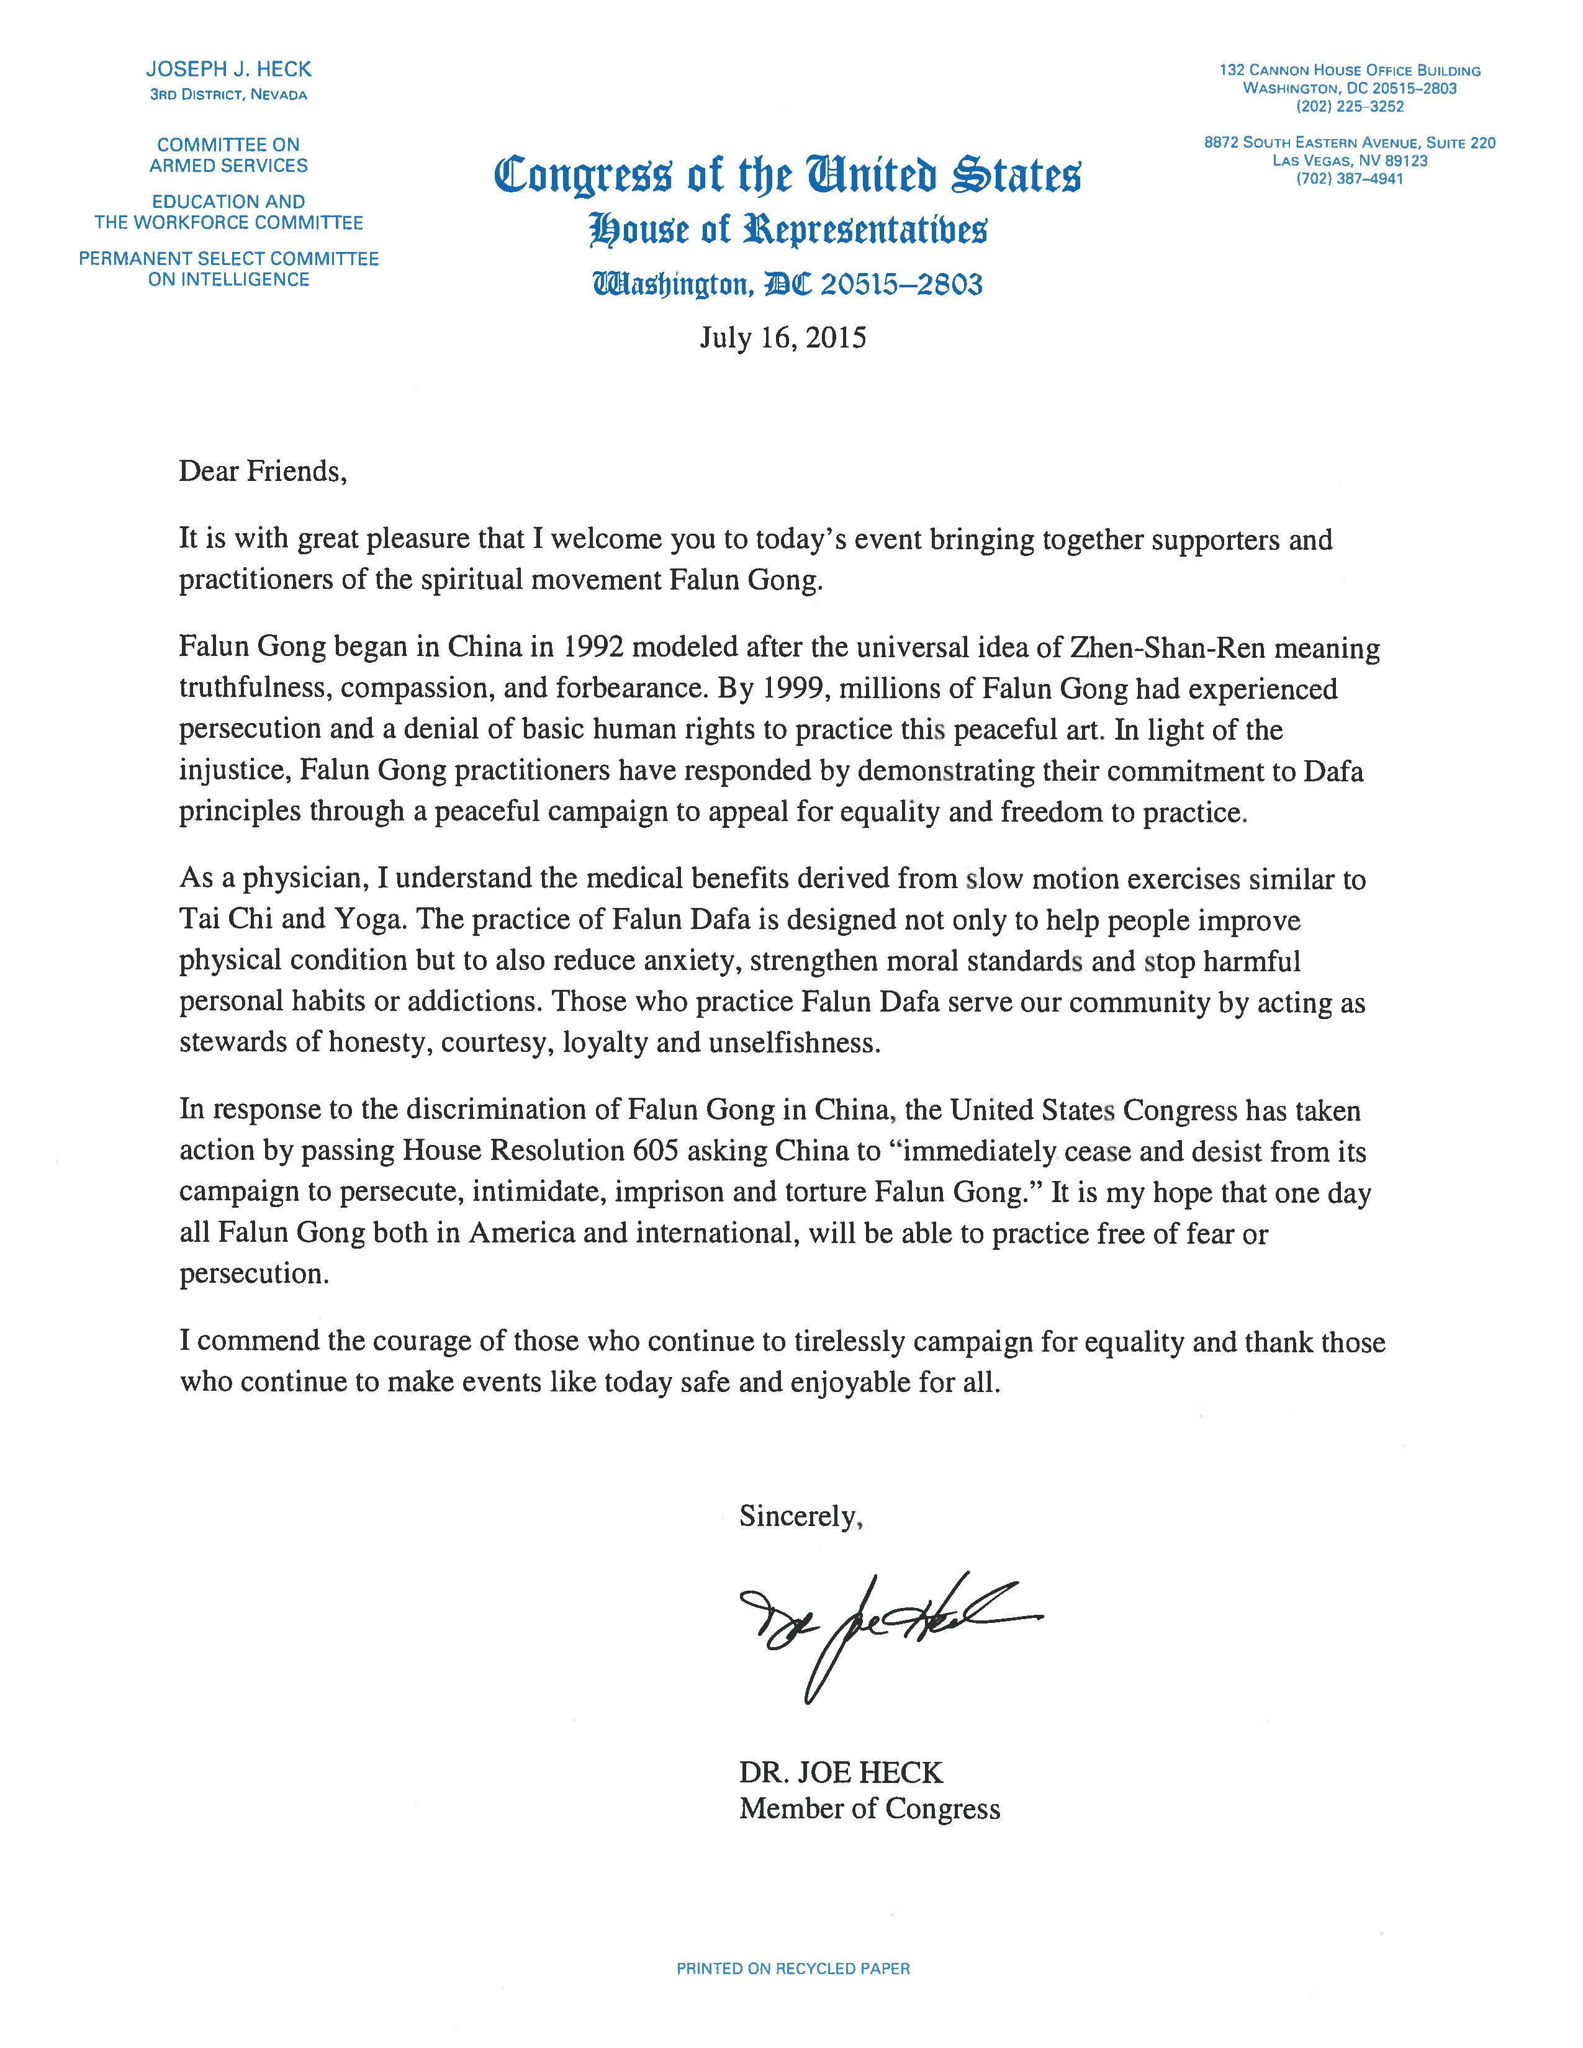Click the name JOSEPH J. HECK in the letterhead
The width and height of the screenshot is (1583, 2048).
pos(229,70)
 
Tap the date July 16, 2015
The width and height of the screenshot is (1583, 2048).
pos(782,338)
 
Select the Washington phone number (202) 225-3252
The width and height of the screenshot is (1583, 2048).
pos(1350,107)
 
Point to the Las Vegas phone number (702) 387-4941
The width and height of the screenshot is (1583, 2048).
pos(1350,179)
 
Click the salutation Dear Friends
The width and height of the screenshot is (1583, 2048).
pos(263,471)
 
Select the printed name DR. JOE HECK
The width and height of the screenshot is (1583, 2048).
pos(841,1772)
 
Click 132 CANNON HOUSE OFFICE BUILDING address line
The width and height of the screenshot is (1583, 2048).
pos(1350,70)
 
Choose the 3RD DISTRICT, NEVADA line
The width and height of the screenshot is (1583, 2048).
pos(229,95)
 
